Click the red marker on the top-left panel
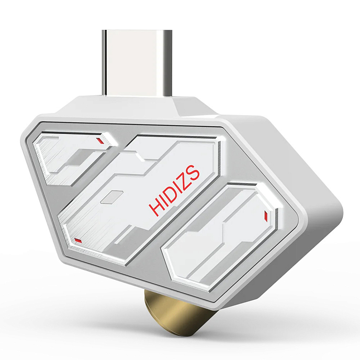click(99, 140)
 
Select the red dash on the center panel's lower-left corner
click(78, 240)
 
